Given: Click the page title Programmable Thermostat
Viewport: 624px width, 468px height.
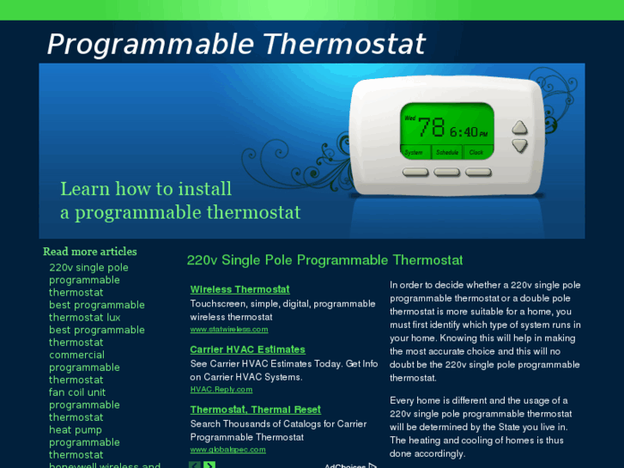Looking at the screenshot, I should pyautogui.click(x=236, y=44).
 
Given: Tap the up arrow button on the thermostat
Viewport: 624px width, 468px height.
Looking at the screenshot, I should pyautogui.click(x=519, y=128).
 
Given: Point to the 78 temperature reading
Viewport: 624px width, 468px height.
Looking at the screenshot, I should pyautogui.click(x=431, y=128).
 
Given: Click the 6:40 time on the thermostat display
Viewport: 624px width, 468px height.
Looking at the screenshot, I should pyautogui.click(x=469, y=132).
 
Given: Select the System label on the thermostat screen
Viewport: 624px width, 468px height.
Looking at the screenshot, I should pyautogui.click(x=415, y=152).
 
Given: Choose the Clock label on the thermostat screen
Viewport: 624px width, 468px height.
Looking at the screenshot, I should pyautogui.click(x=476, y=152).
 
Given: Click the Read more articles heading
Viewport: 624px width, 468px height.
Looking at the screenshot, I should pyautogui.click(x=89, y=252).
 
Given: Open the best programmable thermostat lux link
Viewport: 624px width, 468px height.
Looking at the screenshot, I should pyautogui.click(x=96, y=311).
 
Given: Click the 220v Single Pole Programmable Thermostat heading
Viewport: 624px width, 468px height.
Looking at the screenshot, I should pyautogui.click(x=324, y=260).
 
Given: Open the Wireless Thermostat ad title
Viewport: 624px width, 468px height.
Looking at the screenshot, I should pyautogui.click(x=239, y=289).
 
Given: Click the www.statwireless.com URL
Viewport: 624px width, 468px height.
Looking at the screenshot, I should pyautogui.click(x=229, y=329).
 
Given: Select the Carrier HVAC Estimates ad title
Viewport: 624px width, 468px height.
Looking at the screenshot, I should pyautogui.click(x=247, y=349).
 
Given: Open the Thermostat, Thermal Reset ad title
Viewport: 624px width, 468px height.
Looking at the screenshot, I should pyautogui.click(x=255, y=410).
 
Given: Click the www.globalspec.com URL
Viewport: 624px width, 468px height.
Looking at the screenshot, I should pyautogui.click(x=227, y=449).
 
